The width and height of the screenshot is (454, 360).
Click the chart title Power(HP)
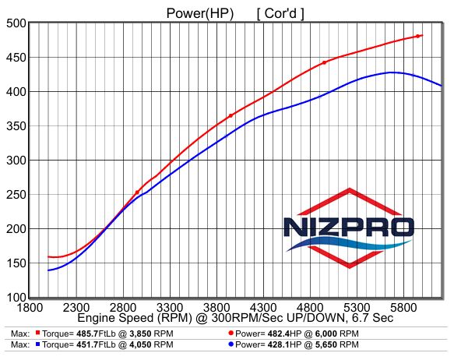tap(200, 13)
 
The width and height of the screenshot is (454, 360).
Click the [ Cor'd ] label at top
tap(280, 13)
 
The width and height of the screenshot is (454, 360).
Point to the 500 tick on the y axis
tap(16, 23)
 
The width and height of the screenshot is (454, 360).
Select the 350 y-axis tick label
tap(16, 126)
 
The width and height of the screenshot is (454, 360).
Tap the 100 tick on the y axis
tap(16, 297)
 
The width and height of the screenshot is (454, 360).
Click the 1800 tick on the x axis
tap(30, 307)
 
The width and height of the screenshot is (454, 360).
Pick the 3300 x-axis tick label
tap(170, 307)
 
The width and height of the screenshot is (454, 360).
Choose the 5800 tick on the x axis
tap(403, 307)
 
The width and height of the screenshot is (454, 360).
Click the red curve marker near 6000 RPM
tap(418, 36)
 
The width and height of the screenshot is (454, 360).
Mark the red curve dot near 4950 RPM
tap(324, 62)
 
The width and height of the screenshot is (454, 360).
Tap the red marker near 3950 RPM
tap(231, 116)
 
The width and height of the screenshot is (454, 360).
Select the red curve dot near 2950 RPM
tap(137, 192)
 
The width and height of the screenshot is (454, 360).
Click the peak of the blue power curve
tap(391, 72)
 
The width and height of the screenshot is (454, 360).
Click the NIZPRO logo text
tap(349, 227)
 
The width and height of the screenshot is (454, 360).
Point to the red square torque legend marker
tap(37, 333)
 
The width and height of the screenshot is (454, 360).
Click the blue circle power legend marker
tap(231, 344)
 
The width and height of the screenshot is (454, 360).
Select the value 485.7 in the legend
tap(87, 334)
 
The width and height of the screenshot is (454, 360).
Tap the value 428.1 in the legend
tap(279, 344)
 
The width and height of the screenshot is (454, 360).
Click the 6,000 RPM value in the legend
tap(326, 334)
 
